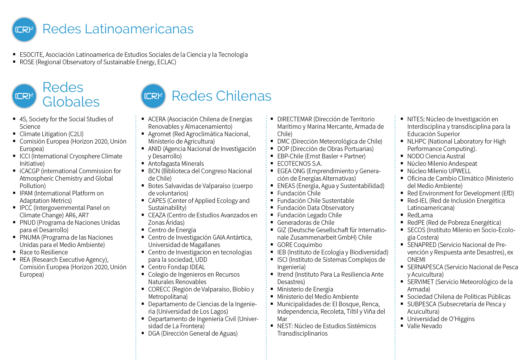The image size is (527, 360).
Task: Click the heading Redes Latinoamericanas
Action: pyautogui.click(x=118, y=29)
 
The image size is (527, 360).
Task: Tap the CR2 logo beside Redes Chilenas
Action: pyautogui.click(x=153, y=96)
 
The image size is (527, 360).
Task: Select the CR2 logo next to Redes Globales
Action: pyautogui.click(x=24, y=96)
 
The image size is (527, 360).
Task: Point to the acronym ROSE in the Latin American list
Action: pyautogui.click(x=27, y=62)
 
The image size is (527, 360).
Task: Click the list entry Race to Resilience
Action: pyautogui.click(x=44, y=252)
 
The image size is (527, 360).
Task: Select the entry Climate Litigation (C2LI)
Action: pyautogui.click(x=52, y=134)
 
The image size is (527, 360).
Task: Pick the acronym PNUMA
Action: pyautogui.click(x=30, y=237)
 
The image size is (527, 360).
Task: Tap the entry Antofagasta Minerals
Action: pyautogui.click(x=176, y=164)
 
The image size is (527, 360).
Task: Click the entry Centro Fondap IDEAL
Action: pyautogui.click(x=176, y=267)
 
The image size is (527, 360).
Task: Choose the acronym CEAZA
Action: pyautogui.click(x=157, y=215)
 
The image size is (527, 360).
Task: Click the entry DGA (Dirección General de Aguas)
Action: pyautogui.click(x=193, y=333)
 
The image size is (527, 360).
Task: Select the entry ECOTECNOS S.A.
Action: pyautogui.click(x=299, y=164)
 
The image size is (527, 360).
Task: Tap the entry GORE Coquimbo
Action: pyautogui.click(x=299, y=245)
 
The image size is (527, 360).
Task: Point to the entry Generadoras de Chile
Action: pyautogui.click(x=306, y=223)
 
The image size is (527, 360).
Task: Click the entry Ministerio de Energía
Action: pyautogui.click(x=305, y=289)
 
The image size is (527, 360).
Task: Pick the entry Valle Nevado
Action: pyautogui.click(x=424, y=326)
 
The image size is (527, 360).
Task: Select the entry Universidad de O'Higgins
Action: pyautogui.click(x=441, y=319)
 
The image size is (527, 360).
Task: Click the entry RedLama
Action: pyautogui.click(x=420, y=215)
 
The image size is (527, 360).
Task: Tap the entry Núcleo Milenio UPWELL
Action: pyautogui.click(x=439, y=171)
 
